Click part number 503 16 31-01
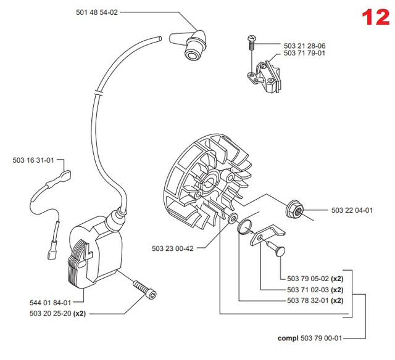click(33, 161)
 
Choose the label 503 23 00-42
click(173, 249)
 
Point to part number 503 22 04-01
click(352, 211)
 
